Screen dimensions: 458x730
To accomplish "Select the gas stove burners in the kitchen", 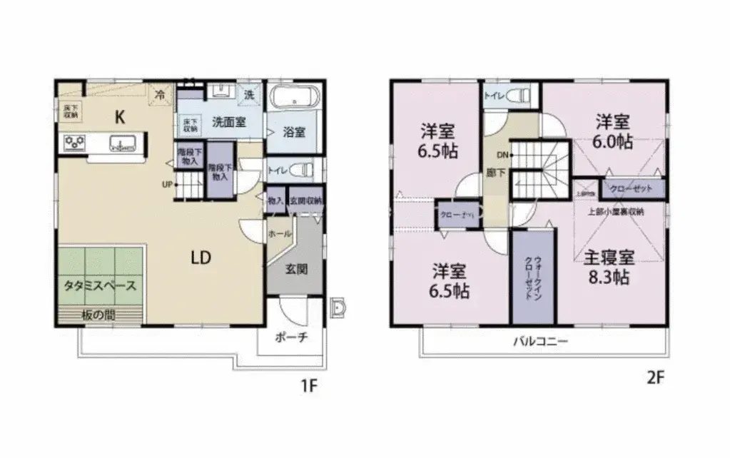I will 75,143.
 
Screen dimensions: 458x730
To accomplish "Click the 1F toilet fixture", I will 302,171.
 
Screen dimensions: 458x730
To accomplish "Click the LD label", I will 200,258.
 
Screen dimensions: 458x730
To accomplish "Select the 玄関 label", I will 296,269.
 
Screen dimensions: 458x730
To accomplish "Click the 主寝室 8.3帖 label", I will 611,267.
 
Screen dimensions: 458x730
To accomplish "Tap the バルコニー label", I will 539,342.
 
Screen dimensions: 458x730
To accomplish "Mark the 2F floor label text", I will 655,379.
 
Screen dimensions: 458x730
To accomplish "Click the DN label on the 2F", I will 502,155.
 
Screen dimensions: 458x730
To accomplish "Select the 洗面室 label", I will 228,121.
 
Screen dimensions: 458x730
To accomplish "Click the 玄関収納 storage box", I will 305,202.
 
